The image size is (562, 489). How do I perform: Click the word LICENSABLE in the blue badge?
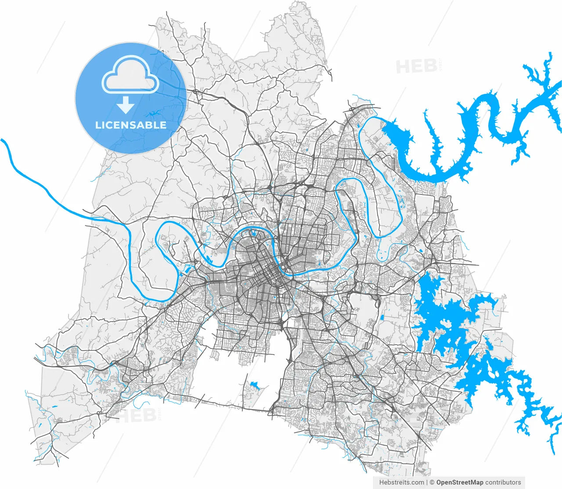pyautogui.click(x=131, y=125)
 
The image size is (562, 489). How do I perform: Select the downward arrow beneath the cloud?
pyautogui.click(x=126, y=105)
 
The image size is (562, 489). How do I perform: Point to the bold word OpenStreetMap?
pyautogui.click(x=460, y=482)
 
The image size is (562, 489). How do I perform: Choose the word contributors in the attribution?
pyautogui.click(x=503, y=482)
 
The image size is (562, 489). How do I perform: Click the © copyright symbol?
pyautogui.click(x=432, y=482)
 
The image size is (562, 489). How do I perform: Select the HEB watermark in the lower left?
pyautogui.click(x=136, y=415)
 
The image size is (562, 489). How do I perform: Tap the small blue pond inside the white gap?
pyautogui.click(x=253, y=385)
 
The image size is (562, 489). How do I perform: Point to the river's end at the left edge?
pyautogui.click(x=3, y=140)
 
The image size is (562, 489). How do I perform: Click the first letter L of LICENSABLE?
pyautogui.click(x=98, y=125)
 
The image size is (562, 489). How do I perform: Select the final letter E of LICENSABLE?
pyautogui.click(x=163, y=125)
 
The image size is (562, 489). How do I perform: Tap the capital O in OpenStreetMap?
pyautogui.click(x=439, y=482)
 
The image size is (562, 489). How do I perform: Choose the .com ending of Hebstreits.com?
pyautogui.click(x=418, y=482)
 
